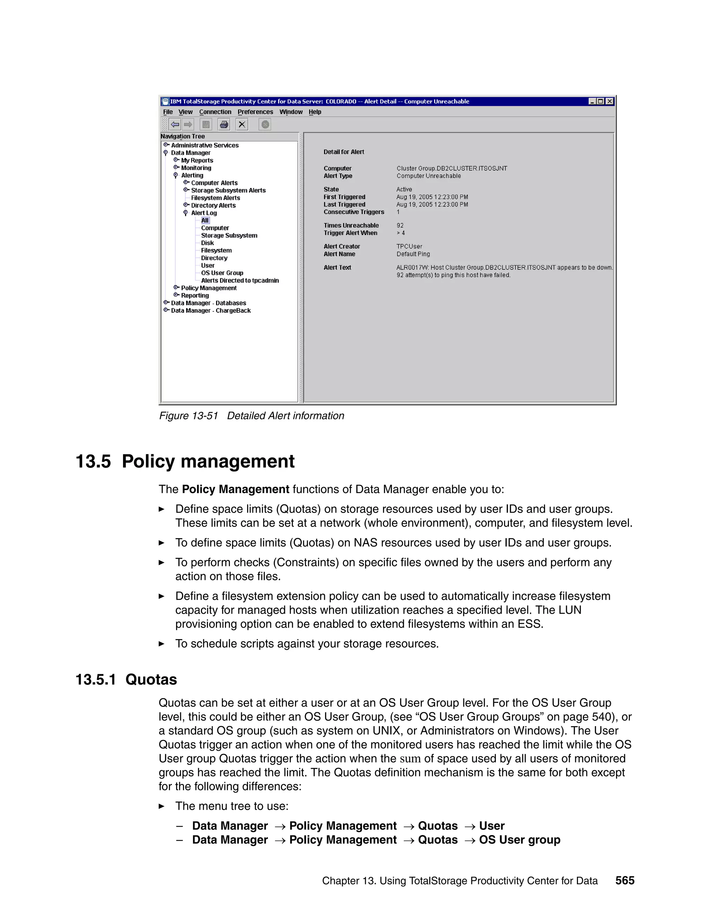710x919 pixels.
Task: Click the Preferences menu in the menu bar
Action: click(x=255, y=112)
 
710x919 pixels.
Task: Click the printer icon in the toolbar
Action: click(x=224, y=124)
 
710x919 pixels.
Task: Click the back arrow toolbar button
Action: click(x=175, y=124)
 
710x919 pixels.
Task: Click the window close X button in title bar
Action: click(x=609, y=101)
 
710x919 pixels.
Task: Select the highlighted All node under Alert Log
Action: click(x=205, y=221)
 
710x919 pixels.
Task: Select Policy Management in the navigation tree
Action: click(x=209, y=288)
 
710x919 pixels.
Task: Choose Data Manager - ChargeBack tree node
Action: click(x=210, y=310)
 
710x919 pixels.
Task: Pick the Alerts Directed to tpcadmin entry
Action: click(x=240, y=281)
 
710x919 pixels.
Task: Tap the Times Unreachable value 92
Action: click(x=400, y=225)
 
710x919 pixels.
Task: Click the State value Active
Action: click(x=404, y=189)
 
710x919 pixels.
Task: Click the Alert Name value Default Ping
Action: click(x=413, y=254)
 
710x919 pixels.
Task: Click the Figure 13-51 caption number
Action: click(x=189, y=416)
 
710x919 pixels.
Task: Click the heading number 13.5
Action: click(x=93, y=462)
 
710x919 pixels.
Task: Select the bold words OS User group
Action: click(x=519, y=840)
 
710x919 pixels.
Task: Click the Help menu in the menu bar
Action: click(x=315, y=112)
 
